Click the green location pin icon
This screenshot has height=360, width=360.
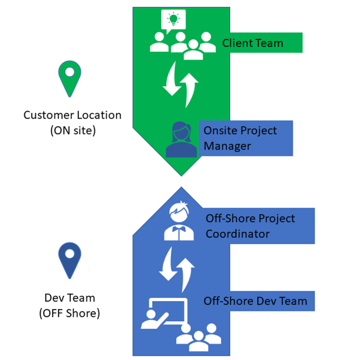point(70,78)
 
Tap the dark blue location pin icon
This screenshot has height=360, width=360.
point(70,261)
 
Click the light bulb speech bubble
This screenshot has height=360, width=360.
point(173,20)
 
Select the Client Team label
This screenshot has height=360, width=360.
point(253,43)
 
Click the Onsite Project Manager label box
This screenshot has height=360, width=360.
point(245,138)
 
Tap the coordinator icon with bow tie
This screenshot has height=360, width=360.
point(179,221)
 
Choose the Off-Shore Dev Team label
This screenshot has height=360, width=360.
point(256,301)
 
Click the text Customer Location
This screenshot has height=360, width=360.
point(72,115)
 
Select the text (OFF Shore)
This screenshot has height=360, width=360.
point(70,313)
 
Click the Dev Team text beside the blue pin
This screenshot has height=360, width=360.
point(70,298)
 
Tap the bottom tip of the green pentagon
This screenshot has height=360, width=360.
point(181,175)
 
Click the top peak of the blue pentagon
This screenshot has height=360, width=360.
point(181,188)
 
